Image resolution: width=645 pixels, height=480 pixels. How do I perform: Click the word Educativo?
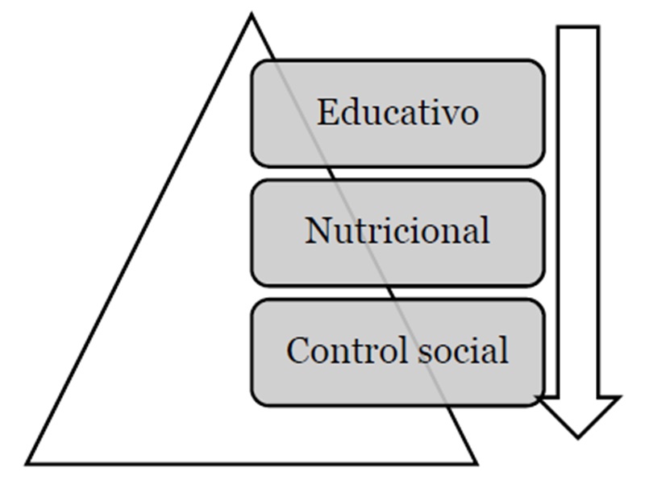pyautogui.click(x=397, y=112)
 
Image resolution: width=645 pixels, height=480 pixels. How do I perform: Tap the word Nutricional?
pyautogui.click(x=397, y=231)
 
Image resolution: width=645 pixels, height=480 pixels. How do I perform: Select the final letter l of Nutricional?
pyautogui.click(x=485, y=231)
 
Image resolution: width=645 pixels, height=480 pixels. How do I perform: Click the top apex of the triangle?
pyautogui.click(x=251, y=16)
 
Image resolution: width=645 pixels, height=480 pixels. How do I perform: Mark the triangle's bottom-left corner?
pyautogui.click(x=29, y=462)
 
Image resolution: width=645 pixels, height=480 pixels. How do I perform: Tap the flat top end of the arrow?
pyautogui.click(x=578, y=27)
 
